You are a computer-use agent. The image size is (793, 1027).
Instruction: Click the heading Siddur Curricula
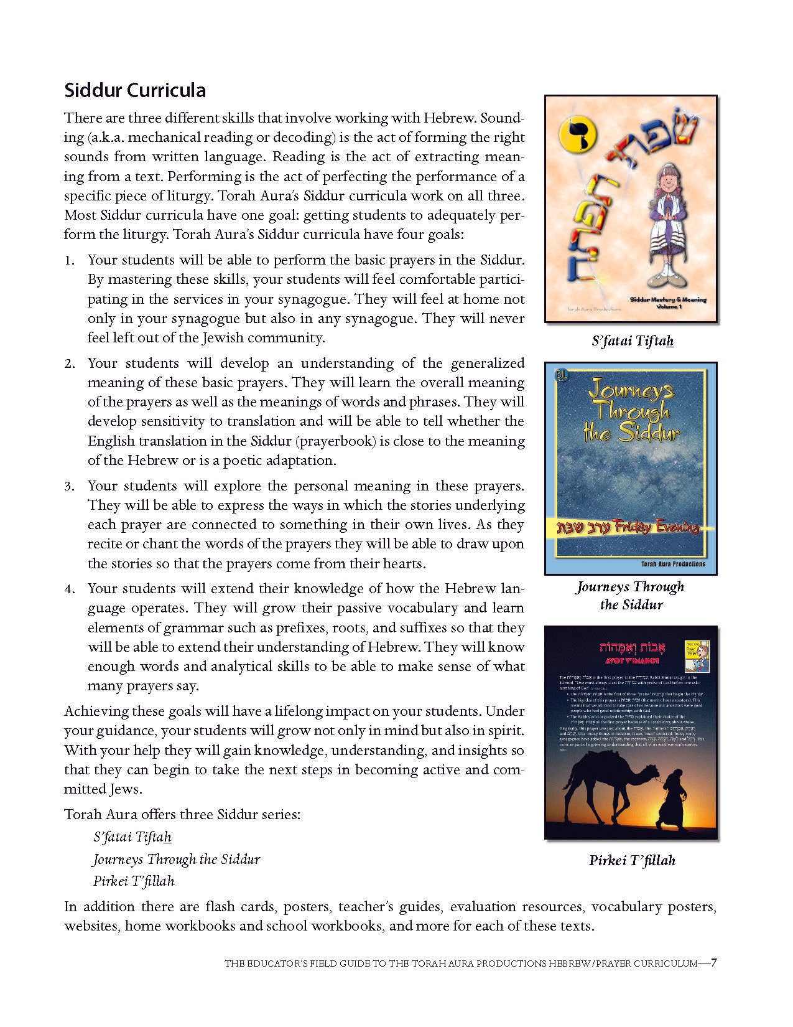coord(135,90)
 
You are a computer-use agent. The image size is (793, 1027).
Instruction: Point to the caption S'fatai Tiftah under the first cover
coord(633,340)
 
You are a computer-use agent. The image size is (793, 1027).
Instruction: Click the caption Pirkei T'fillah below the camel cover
coord(632,860)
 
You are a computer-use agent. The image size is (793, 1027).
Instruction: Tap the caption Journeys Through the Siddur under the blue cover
coord(631,595)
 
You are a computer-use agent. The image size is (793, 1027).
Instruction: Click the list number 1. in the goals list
coord(70,260)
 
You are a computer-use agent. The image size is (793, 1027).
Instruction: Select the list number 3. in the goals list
coord(70,486)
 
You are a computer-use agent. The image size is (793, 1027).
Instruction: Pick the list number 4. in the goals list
coord(70,589)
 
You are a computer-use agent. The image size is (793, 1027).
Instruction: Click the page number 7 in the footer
coord(714,962)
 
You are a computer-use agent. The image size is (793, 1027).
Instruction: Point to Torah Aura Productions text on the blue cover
coord(664,564)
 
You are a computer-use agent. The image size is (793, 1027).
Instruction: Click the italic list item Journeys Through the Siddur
coord(177,860)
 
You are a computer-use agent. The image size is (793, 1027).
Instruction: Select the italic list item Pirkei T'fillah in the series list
coord(134,881)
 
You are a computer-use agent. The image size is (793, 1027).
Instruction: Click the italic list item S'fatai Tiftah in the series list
coord(132,837)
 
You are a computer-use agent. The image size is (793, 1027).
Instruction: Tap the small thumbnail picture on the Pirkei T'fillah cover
coord(697,654)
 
